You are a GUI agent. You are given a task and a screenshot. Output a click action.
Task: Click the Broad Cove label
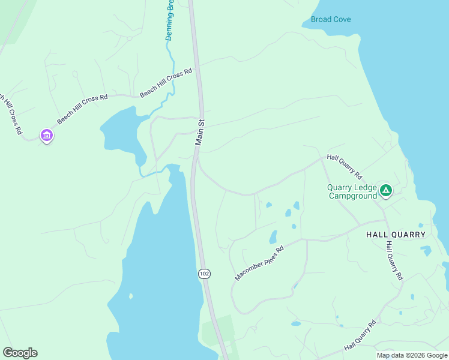click(331, 20)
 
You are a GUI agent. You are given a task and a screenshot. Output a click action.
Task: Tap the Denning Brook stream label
click(169, 22)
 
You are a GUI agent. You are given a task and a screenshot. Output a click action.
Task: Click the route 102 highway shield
click(204, 274)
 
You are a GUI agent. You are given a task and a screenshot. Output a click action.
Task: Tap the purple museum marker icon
click(47, 136)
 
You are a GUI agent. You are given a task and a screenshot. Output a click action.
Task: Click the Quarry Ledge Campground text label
click(352, 191)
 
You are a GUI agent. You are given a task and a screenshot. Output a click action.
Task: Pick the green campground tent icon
click(386, 191)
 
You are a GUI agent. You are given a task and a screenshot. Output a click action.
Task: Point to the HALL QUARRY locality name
click(396, 235)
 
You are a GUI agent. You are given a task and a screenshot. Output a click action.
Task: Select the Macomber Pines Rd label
click(259, 263)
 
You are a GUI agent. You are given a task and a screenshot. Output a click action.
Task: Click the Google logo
click(20, 353)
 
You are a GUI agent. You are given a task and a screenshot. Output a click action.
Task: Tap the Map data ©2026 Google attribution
click(412, 355)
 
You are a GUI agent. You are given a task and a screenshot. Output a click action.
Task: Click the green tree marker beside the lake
click(131, 296)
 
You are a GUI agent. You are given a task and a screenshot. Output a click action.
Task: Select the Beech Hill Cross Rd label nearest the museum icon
click(82, 109)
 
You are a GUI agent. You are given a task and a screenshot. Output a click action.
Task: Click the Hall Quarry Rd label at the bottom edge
click(360, 336)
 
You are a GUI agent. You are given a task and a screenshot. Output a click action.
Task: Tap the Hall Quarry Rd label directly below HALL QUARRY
click(394, 261)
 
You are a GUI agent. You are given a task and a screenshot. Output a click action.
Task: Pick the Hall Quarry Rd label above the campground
click(345, 167)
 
